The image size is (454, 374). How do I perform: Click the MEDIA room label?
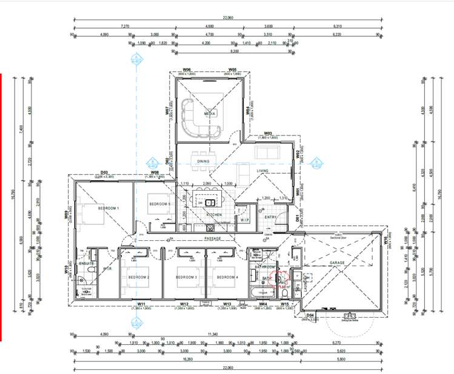[x=210, y=113]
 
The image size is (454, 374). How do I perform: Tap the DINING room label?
[x=203, y=160]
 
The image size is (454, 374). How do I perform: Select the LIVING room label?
[x=262, y=171]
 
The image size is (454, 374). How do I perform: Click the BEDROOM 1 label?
[x=110, y=208]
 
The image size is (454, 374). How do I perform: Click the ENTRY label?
[x=270, y=217]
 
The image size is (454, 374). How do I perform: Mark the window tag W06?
[x=188, y=70]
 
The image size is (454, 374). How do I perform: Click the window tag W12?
[x=185, y=304]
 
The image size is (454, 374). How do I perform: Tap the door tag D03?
[x=104, y=172]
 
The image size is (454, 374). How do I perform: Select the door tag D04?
[x=310, y=315]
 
